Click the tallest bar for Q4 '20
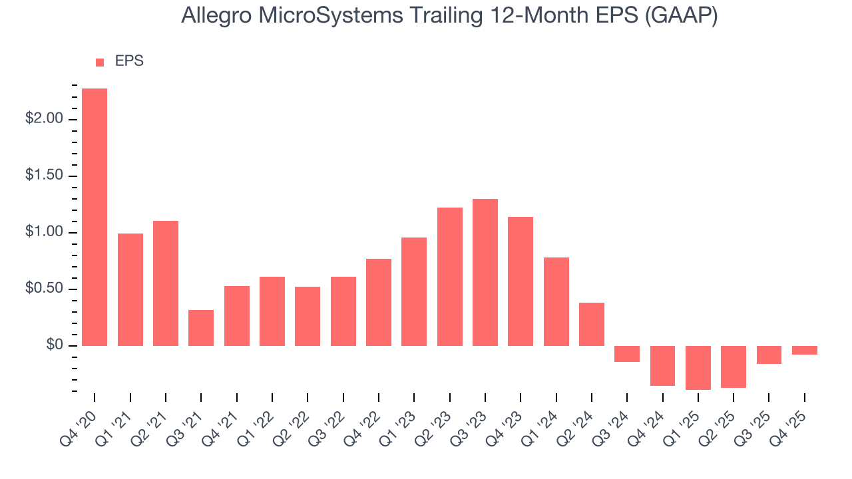coord(95,217)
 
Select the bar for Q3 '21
coord(201,328)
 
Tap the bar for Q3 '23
coord(485,272)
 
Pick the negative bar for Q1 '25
coord(698,367)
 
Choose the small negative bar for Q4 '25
coord(805,350)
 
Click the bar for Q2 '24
coord(592,324)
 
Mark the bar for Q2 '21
coord(166,283)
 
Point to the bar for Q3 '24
coord(627,354)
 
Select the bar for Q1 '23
coord(414,291)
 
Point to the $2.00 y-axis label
coord(44,119)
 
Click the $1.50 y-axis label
coord(44,176)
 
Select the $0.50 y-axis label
coord(44,289)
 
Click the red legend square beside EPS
coord(100,62)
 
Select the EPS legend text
coord(129,61)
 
